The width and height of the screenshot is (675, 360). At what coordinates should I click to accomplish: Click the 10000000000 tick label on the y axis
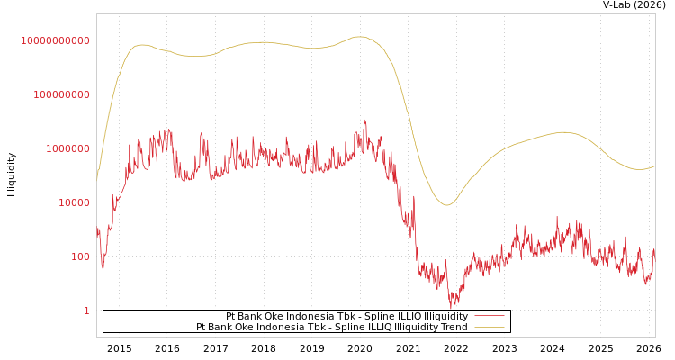tap(56, 40)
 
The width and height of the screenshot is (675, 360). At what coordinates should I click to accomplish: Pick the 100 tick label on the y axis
tap(80, 256)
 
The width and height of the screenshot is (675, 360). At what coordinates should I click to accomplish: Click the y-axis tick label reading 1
tap(86, 310)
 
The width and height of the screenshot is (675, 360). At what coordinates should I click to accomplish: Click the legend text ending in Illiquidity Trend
tap(332, 327)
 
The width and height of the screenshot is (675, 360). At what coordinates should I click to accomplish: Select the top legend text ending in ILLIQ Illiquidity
tap(346, 316)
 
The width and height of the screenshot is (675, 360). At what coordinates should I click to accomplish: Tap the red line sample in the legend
tap(489, 316)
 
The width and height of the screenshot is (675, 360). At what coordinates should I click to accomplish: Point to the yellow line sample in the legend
tap(489, 327)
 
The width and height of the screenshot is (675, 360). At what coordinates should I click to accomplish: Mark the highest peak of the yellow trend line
tap(360, 37)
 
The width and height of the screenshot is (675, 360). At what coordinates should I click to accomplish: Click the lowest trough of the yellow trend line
tap(446, 205)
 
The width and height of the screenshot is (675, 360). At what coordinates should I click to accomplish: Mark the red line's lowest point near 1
tap(451, 309)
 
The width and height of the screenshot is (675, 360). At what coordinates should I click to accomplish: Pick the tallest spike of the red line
tap(364, 119)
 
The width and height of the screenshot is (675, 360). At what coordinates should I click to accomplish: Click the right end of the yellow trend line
tap(654, 166)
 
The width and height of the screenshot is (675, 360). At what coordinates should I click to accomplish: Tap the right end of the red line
tap(654, 250)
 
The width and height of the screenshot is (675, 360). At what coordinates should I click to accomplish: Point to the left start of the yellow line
tap(97, 175)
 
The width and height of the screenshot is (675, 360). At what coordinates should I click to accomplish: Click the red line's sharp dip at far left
tap(103, 267)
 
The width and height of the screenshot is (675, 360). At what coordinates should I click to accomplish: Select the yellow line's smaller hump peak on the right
tap(564, 132)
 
